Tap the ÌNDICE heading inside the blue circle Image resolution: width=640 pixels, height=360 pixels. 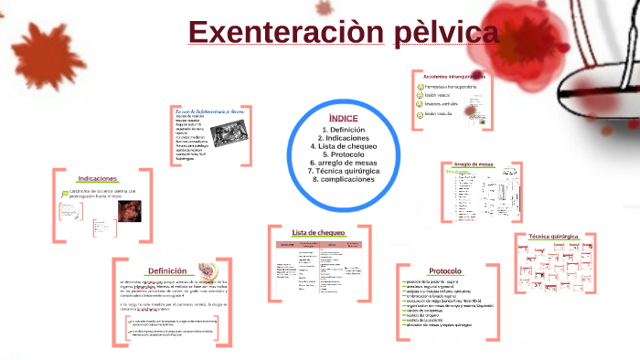[x=343, y=119]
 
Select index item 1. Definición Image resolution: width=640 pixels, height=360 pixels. [x=343, y=130]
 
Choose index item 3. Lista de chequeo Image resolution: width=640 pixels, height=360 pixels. [x=343, y=146]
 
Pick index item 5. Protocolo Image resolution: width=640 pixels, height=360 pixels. [x=343, y=154]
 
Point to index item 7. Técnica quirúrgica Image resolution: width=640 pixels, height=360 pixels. [x=343, y=171]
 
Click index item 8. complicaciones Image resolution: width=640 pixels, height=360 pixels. [x=343, y=179]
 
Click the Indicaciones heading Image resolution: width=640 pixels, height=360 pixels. [x=98, y=178]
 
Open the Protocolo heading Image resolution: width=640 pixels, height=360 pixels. [x=444, y=271]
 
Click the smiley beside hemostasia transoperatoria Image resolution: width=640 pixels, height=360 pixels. [x=418, y=86]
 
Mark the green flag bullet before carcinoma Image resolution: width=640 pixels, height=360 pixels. [x=62, y=193]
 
